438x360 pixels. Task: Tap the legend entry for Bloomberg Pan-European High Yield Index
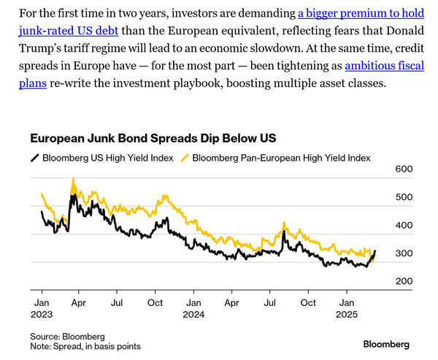(281, 157)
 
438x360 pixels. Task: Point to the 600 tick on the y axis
(404, 169)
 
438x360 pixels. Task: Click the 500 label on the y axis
(404, 197)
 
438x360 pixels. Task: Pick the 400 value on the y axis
(404, 226)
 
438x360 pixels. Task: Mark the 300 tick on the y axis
(404, 253)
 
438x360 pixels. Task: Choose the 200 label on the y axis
(404, 281)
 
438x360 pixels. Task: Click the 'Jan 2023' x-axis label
(41, 307)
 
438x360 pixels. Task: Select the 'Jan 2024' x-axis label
(193, 307)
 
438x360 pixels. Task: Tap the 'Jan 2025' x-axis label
(347, 307)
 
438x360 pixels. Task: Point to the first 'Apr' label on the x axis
(79, 302)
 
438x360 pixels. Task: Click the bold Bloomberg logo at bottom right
(386, 343)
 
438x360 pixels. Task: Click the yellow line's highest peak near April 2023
(73, 180)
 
